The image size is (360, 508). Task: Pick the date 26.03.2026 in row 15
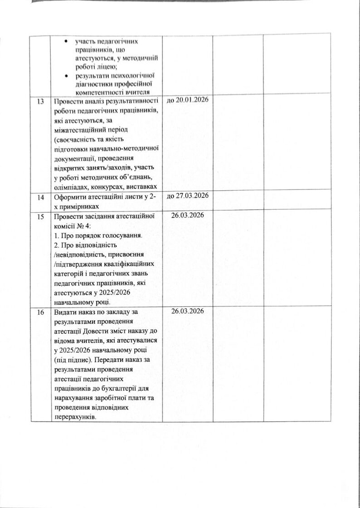188,215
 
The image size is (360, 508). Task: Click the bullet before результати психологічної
66,75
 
